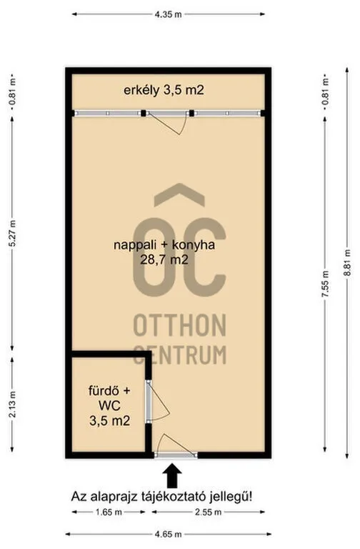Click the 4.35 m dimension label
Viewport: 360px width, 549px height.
click(x=169, y=14)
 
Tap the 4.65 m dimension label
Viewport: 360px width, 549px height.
click(x=169, y=534)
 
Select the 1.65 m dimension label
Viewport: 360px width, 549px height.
click(x=109, y=513)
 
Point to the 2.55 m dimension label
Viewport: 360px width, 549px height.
click(x=208, y=513)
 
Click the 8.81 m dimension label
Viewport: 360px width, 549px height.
click(x=347, y=262)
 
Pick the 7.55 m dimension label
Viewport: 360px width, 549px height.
click(x=326, y=285)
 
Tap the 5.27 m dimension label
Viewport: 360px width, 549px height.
click(x=12, y=234)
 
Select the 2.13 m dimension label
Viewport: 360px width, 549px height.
click(x=12, y=404)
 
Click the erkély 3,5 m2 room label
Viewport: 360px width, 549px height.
click(x=164, y=90)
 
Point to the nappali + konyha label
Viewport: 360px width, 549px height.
click(x=164, y=244)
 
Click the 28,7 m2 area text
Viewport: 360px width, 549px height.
click(x=164, y=259)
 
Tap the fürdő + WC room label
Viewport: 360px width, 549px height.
click(x=109, y=397)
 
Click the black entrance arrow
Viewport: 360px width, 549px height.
click(x=171, y=475)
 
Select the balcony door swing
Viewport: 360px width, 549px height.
click(x=168, y=123)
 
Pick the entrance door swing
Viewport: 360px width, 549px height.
click(x=175, y=445)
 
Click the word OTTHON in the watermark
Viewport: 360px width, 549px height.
click(x=180, y=325)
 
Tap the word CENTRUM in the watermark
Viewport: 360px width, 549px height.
click(x=180, y=355)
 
